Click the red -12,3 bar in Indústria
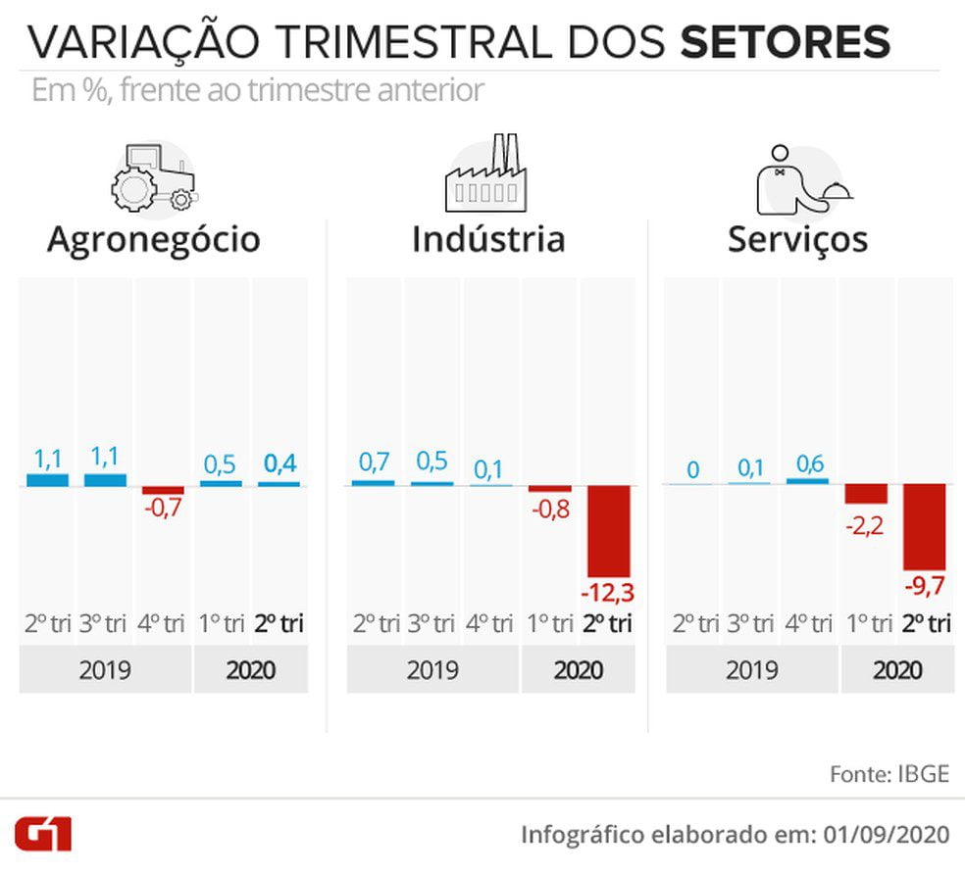[609, 531]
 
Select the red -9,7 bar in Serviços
[925, 527]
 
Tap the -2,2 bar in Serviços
[866, 494]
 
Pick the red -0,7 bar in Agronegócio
[163, 490]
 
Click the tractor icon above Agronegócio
[154, 177]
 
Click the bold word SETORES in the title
[785, 42]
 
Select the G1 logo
[43, 834]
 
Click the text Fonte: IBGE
[889, 774]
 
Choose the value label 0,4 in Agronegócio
[280, 463]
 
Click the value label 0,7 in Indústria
[375, 461]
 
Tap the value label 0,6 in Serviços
[809, 463]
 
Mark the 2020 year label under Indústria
[578, 670]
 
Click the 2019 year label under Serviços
[751, 670]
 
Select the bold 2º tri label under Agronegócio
[279, 624]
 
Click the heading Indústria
[488, 239]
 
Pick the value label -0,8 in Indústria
[551, 510]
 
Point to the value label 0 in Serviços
[693, 470]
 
